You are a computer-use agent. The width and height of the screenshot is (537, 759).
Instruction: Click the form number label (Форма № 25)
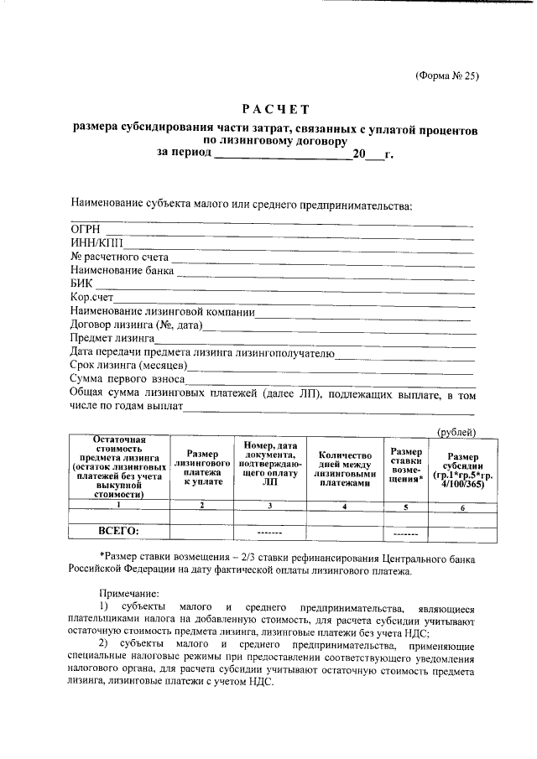pos(446,75)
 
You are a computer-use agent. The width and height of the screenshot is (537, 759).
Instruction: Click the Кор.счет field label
pos(91,297)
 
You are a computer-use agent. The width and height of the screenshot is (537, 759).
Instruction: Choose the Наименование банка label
pos(123,270)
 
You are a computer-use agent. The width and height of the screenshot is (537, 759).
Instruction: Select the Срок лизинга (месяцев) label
pos(128,365)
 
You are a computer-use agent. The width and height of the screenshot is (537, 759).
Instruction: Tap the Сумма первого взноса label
pos(127,379)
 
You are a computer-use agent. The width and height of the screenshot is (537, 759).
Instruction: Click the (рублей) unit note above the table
pos(457,431)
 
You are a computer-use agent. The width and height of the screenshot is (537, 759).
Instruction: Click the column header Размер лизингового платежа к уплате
pos(202,467)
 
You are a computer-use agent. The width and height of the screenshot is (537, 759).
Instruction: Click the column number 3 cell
pos(269,506)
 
